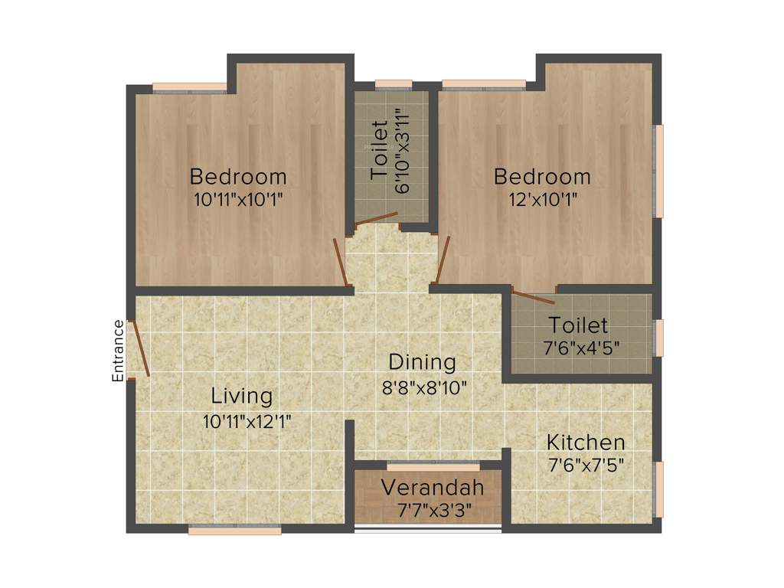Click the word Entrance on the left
point(118,351)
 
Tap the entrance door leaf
point(141,348)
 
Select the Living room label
point(242,396)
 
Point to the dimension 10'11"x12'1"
point(247,420)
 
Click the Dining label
point(422,361)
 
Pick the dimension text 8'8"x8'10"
point(425,387)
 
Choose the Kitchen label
point(585,442)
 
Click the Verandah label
point(433,487)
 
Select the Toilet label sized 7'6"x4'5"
point(579,325)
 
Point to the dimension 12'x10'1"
point(541,199)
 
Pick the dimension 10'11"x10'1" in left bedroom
point(238,199)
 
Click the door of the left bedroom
point(342,262)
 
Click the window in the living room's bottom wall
point(234,530)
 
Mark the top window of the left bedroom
point(189,87)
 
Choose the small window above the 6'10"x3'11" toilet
point(394,85)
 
